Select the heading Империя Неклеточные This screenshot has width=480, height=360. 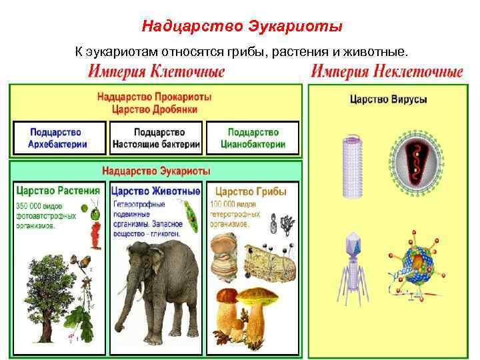[387, 71]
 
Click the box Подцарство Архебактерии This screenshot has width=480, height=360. [59, 137]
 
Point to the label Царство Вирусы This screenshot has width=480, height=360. [389, 100]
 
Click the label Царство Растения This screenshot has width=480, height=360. [59, 191]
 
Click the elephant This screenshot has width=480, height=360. [157, 280]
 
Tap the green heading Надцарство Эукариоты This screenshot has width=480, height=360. [156, 170]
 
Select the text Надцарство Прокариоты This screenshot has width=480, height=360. [156, 97]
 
